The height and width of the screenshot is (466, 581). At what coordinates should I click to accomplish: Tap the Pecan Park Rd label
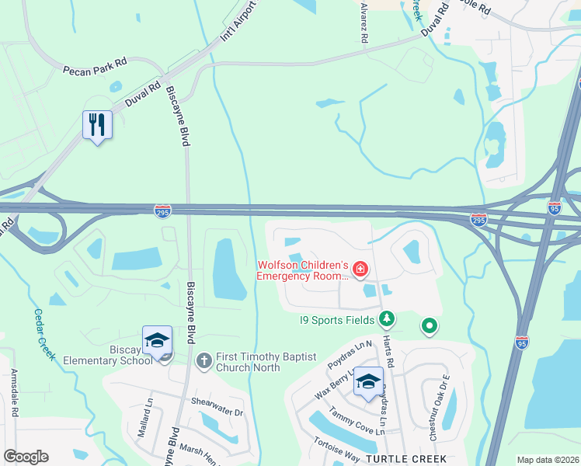(95, 71)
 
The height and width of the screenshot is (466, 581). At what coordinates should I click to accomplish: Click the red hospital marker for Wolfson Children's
(360, 270)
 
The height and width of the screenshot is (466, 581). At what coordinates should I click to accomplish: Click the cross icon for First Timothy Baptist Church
(204, 360)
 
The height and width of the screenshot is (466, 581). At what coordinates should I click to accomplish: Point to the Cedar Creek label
(43, 334)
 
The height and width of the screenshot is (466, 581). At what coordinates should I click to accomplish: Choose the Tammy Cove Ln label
(357, 420)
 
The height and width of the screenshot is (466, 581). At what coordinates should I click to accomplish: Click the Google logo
(26, 457)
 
